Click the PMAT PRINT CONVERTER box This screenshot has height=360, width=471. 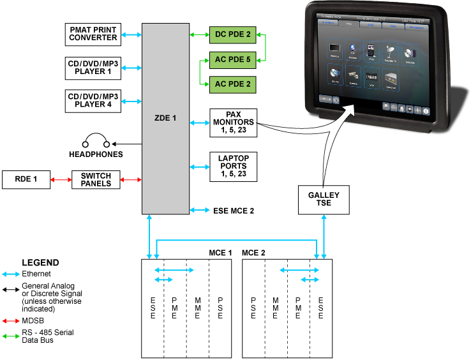click(x=94, y=34)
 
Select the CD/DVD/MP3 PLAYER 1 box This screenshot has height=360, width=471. click(x=93, y=67)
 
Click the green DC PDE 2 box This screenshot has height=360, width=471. click(x=232, y=34)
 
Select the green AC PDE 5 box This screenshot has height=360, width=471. click(x=232, y=61)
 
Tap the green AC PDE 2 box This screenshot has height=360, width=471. click(x=232, y=84)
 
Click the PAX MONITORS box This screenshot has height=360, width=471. click(x=232, y=121)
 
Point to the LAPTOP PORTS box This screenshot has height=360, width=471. click(x=232, y=166)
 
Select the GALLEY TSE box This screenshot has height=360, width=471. click(x=324, y=199)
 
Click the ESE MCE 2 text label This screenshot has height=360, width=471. click(x=234, y=210)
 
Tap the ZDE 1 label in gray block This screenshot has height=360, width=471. click(x=165, y=118)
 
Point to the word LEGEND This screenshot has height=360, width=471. click(x=40, y=262)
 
